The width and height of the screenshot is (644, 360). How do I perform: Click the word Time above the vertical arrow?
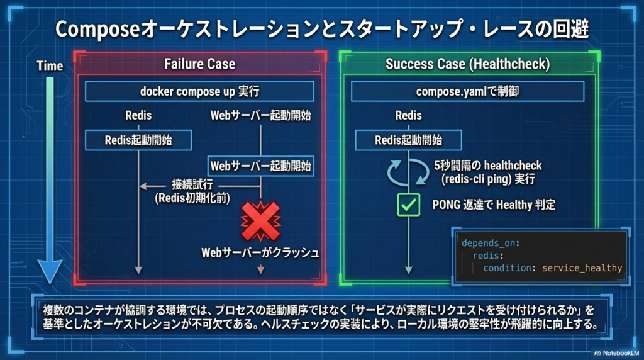50,66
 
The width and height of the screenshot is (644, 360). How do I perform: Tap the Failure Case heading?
199,64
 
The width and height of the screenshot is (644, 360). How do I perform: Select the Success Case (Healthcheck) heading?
467,64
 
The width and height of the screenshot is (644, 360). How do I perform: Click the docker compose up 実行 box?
199,91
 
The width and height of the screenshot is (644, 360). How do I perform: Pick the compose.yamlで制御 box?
467,91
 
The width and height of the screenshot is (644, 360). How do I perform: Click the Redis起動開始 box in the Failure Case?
138,140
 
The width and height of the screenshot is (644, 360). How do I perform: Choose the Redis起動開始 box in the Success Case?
408,140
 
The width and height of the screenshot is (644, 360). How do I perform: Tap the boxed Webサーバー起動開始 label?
260,166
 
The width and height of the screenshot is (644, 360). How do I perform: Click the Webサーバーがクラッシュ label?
260,252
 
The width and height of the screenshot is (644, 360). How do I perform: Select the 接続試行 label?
192,185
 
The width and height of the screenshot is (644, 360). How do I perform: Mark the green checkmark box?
408,205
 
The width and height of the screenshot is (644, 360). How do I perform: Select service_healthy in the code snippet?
582,268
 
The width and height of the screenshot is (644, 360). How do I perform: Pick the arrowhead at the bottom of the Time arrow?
50,272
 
